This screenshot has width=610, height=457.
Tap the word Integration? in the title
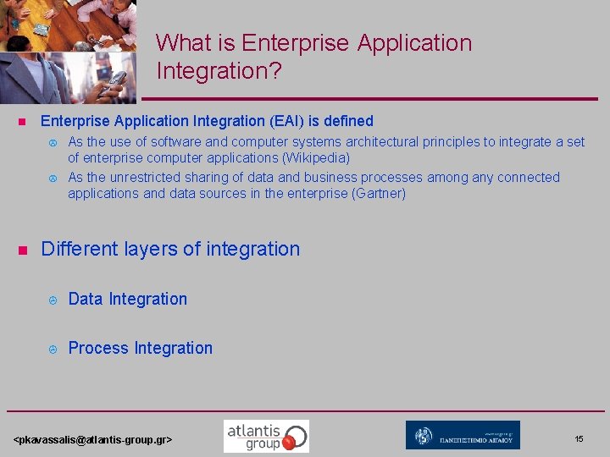click(x=219, y=71)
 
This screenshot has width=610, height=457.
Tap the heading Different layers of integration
click(x=170, y=249)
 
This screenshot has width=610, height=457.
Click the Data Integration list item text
click(x=127, y=299)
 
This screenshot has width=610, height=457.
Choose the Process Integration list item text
click(x=140, y=348)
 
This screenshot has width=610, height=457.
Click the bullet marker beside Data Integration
click(x=51, y=300)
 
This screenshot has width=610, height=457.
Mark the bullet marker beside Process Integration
click(x=51, y=349)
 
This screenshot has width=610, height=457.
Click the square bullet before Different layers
click(x=24, y=250)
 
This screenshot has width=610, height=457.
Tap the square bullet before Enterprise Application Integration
click(x=24, y=122)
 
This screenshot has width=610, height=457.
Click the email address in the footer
click(x=93, y=439)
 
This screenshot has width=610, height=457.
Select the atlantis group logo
click(x=266, y=436)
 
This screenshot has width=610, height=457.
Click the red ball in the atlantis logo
click(x=290, y=441)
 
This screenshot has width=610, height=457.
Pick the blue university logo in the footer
click(x=463, y=435)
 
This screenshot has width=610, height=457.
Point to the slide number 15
click(x=579, y=438)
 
